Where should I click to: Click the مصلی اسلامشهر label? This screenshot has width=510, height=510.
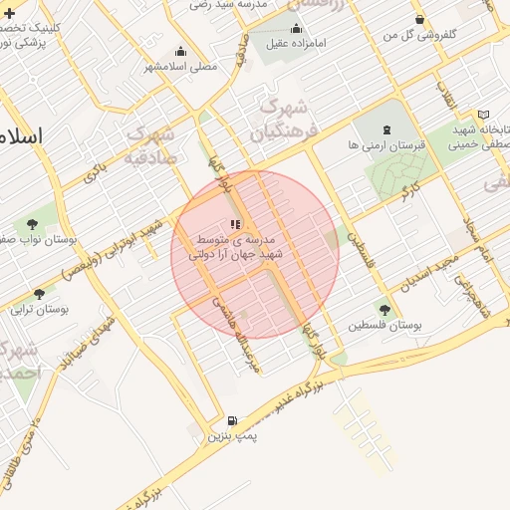tap(181, 67)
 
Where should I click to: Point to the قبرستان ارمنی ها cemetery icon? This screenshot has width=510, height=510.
tap(386, 128)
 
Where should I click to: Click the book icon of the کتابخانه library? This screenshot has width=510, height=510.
tap(483, 116)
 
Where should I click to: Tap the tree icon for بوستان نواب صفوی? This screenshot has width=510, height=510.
tap(35, 223)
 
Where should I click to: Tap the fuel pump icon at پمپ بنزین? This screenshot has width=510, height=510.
tap(232, 421)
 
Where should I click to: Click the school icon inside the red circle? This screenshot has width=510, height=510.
tap(235, 225)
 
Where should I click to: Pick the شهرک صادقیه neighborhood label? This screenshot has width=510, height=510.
tap(152, 144)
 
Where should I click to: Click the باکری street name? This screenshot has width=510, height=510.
tap(96, 170)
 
